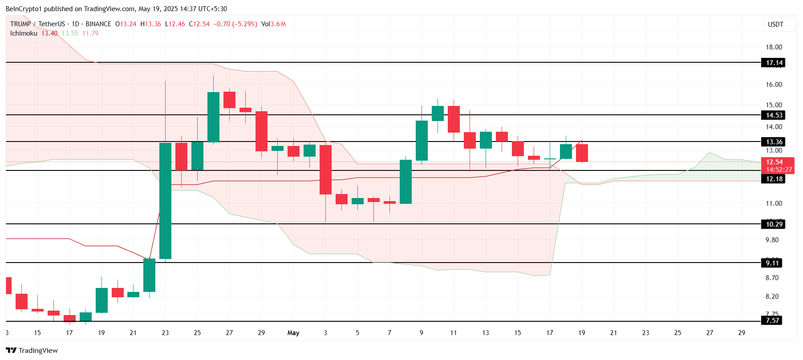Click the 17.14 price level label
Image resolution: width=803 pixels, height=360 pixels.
pos(774,63)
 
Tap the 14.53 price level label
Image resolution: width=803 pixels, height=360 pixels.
pos(774,115)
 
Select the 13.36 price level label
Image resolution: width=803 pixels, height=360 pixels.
pos(774,142)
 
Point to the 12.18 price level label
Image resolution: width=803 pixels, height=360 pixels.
pos(774,179)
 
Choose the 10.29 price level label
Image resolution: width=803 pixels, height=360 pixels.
pos(774,224)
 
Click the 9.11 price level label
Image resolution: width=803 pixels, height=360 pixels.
pos(772,263)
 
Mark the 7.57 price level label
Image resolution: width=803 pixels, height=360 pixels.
pos(772,320)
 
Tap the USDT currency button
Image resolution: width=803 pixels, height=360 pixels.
pos(775,24)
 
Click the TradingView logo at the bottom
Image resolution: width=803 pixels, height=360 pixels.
pos(32,350)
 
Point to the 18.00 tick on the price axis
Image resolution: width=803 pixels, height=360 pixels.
pos(774,47)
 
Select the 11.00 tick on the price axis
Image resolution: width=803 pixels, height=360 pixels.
pos(774,203)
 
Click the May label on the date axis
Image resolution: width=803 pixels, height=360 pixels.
pos(293,333)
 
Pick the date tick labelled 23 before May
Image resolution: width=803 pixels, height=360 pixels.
pos(165,333)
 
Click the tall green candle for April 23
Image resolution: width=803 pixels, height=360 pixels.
pos(166,200)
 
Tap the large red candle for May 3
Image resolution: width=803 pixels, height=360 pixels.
pos(325,170)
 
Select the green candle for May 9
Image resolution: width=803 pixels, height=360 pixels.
pos(422,141)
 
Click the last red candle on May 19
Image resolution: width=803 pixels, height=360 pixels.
pos(582,153)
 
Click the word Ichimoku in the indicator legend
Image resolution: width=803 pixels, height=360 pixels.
pos(24,33)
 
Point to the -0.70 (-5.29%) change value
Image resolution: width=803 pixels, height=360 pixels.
pos(235,24)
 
